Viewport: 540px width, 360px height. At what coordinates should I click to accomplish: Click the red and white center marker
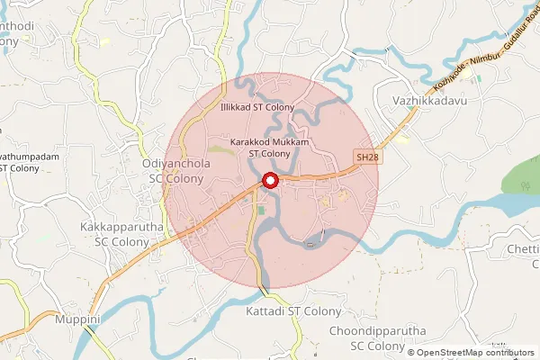[x=269, y=182]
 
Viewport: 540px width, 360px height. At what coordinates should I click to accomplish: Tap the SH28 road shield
[x=365, y=157]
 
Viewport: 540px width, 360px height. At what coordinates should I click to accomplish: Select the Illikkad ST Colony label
[x=257, y=107]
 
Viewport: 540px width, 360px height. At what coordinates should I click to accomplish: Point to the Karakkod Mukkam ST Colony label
[x=270, y=148]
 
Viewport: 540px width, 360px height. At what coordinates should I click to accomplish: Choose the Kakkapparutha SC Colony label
[x=121, y=235]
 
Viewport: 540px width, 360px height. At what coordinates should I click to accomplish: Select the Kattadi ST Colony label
[x=294, y=311]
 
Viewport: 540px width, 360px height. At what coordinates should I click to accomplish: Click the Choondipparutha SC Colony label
[x=378, y=337]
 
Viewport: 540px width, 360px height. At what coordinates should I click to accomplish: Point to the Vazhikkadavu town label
[x=431, y=103]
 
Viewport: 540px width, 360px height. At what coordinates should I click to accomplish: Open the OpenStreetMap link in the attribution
[x=454, y=352]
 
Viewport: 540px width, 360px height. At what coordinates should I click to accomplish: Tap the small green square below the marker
[x=261, y=210]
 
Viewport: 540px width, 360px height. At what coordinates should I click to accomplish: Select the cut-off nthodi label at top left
[x=17, y=26]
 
